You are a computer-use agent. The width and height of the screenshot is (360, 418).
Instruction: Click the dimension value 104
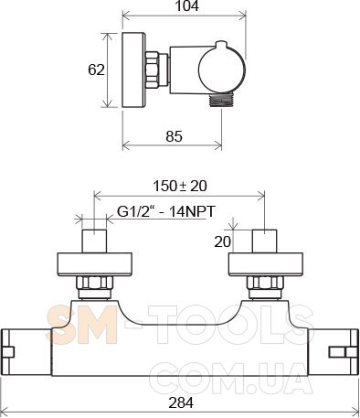coord(186,5)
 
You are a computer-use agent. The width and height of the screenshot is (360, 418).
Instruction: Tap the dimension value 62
coord(96,70)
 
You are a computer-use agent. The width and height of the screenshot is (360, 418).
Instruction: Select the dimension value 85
coord(174,136)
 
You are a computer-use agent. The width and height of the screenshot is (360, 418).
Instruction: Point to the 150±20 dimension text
coord(180,186)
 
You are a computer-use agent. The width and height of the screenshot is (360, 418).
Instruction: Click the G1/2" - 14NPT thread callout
coord(166,211)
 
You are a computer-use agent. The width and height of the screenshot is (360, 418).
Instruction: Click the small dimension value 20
coord(223,241)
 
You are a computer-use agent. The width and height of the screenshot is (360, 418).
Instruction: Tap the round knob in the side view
coord(222,69)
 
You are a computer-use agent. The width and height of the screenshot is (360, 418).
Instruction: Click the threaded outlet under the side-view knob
coord(221,100)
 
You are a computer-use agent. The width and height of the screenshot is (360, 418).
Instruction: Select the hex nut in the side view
coord(152,70)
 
